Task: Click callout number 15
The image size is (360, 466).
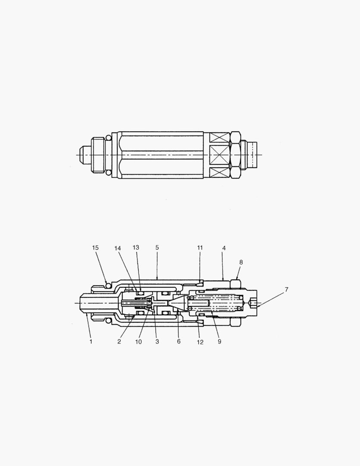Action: pos(95,248)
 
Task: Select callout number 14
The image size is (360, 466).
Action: pos(118,248)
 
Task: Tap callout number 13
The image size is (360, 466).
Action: pos(136,247)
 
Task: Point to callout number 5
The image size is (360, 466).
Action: pos(157,247)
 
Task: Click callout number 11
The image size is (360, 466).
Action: pos(200,248)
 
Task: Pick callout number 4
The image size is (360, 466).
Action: pos(224,248)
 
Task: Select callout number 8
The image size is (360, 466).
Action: pos(241,262)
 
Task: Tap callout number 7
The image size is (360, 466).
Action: pos(286,289)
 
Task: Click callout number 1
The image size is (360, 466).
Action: pos(91,341)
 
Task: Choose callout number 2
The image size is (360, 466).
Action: pos(119,341)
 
